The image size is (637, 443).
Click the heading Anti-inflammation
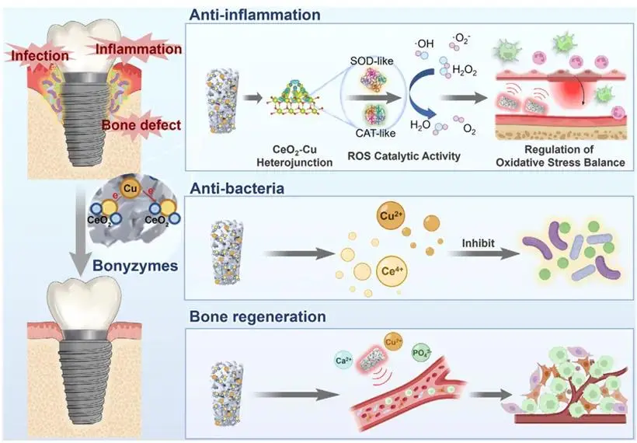click(255, 15)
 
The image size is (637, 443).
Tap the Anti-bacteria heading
click(237, 189)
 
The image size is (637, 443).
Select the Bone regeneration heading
click(258, 316)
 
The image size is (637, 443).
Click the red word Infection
click(40, 56)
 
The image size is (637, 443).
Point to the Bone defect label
click(141, 125)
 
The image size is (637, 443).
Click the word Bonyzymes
click(135, 266)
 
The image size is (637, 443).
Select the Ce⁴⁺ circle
click(392, 271)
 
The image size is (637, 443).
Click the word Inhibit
click(479, 243)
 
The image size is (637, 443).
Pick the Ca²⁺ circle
click(344, 360)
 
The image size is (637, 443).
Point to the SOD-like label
click(372, 61)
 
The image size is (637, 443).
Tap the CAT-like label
click(375, 133)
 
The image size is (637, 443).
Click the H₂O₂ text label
click(465, 71)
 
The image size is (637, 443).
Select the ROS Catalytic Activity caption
click(404, 155)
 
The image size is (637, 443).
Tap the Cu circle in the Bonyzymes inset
click(130, 189)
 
